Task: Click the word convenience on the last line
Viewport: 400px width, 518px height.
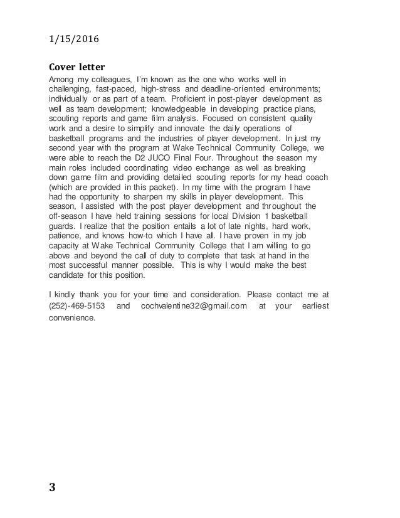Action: (x=72, y=318)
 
